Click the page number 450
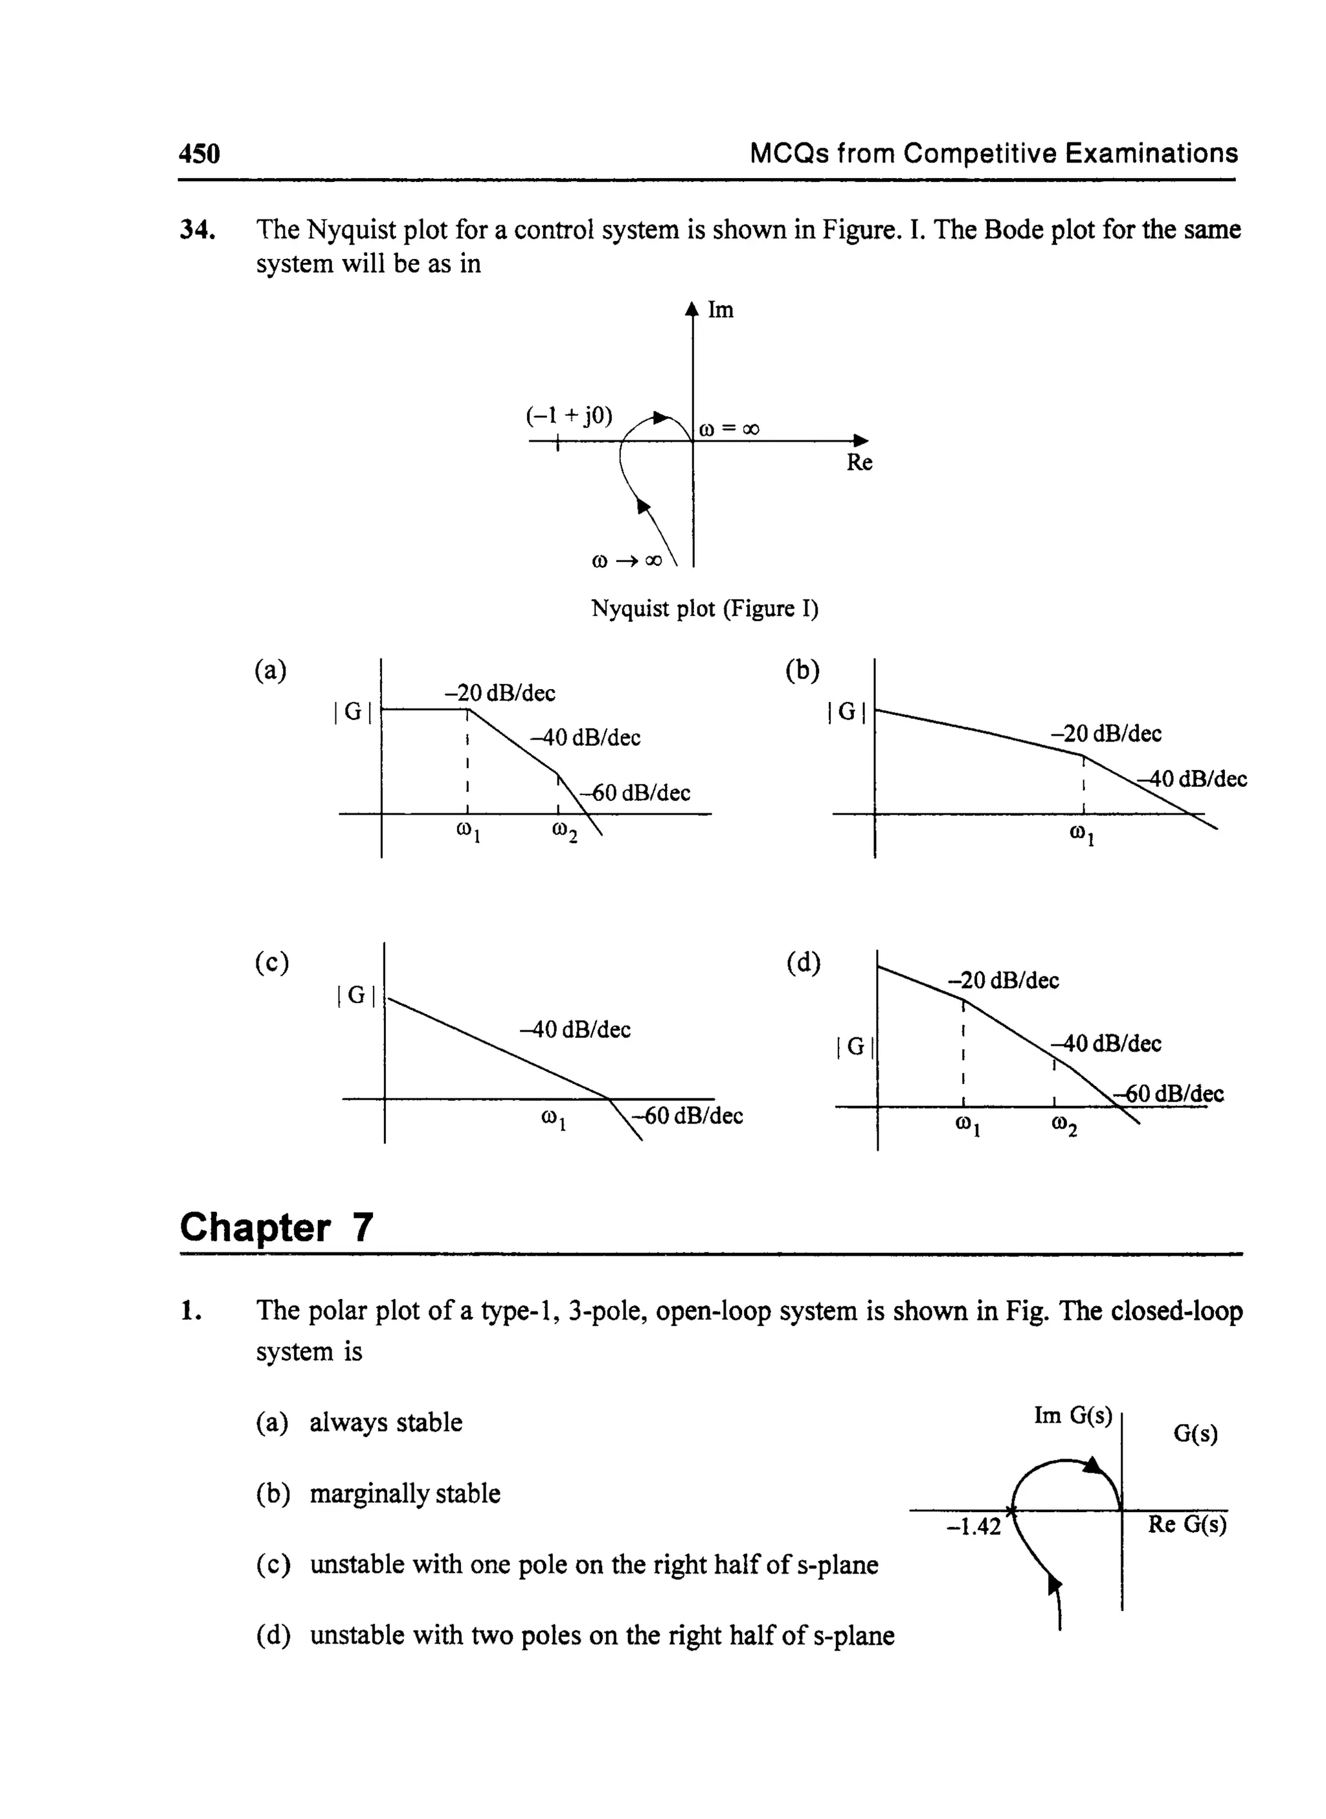(x=199, y=153)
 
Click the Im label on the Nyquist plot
(x=720, y=310)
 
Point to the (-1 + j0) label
(x=569, y=416)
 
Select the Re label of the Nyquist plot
(x=859, y=462)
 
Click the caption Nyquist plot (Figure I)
(x=704, y=609)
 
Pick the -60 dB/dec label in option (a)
(x=635, y=793)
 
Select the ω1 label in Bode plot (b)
(x=1083, y=835)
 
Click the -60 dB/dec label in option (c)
(x=688, y=1116)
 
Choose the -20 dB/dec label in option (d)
(x=1004, y=980)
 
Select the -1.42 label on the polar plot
(x=974, y=1527)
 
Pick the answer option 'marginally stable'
(x=405, y=1494)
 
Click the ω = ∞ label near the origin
(x=730, y=429)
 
